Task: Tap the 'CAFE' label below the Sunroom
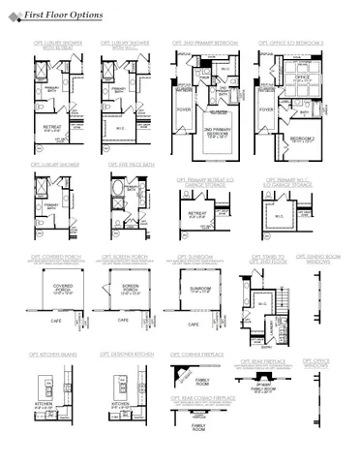click(x=194, y=324)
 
